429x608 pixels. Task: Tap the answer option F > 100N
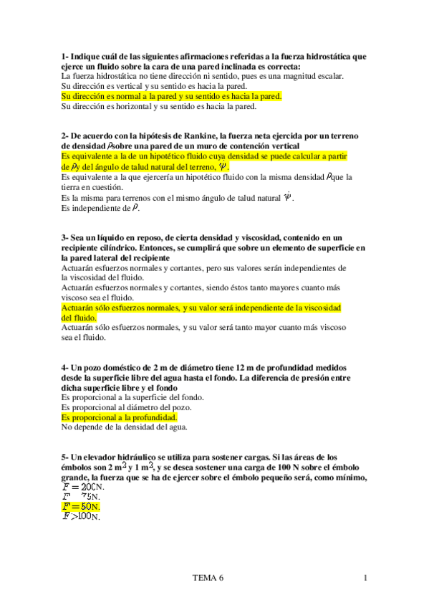(x=82, y=516)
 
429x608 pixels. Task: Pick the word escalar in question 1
(x=327, y=75)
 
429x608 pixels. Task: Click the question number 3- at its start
(x=65, y=237)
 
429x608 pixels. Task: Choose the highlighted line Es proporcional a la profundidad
(x=119, y=417)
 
